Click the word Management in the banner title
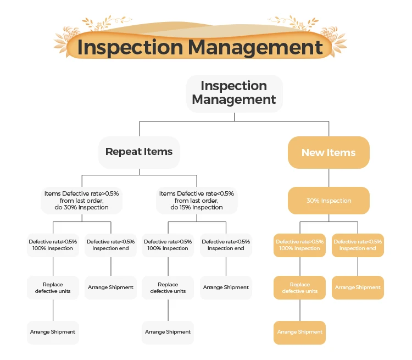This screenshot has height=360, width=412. (255, 47)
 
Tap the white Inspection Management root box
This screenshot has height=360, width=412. (234, 93)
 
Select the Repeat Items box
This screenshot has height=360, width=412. (139, 152)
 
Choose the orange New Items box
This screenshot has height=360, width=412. (329, 152)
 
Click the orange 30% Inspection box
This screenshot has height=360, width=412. (329, 201)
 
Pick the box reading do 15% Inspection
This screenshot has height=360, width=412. (197, 201)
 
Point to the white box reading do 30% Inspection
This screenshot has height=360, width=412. (81, 201)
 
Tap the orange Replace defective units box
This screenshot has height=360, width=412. (299, 287)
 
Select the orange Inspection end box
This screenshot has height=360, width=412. (358, 245)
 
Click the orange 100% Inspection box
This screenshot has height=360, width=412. (299, 245)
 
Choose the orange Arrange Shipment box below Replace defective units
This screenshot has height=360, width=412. (299, 332)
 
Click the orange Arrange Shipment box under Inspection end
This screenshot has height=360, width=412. (358, 287)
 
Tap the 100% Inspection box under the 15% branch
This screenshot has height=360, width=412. (168, 245)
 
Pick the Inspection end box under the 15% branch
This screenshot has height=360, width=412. (226, 245)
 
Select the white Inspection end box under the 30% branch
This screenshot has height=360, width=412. (110, 245)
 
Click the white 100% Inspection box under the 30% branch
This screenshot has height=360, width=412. (53, 245)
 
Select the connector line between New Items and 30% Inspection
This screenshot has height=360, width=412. (329, 178)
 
